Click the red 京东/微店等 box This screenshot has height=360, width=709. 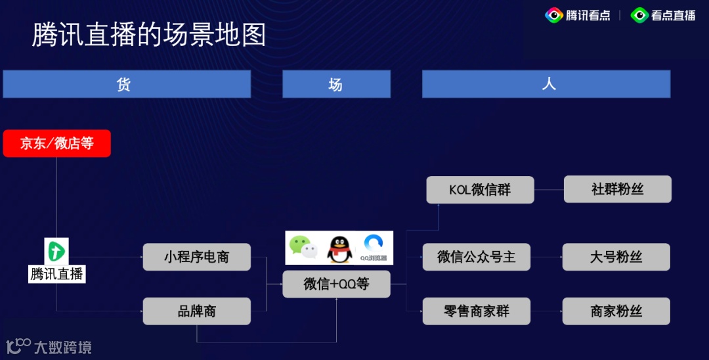pyautogui.click(x=56, y=143)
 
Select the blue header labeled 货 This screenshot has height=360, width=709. pyautogui.click(x=127, y=84)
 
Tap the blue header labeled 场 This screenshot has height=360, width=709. pyautogui.click(x=336, y=84)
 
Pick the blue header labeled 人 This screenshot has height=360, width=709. pyautogui.click(x=546, y=84)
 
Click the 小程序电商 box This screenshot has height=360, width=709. pyautogui.click(x=196, y=257)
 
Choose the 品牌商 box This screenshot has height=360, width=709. pyautogui.click(x=196, y=311)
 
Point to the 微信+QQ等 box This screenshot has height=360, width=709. pyautogui.click(x=336, y=284)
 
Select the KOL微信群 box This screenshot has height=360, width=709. pyautogui.click(x=480, y=190)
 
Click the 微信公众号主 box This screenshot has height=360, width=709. pyautogui.click(x=476, y=257)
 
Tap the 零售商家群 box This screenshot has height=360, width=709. pyautogui.click(x=476, y=311)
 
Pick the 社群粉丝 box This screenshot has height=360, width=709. pyautogui.click(x=617, y=189)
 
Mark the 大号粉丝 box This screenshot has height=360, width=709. pyautogui.click(x=616, y=257)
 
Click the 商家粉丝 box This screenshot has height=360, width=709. pyautogui.click(x=616, y=311)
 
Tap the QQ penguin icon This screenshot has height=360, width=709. pyautogui.click(x=338, y=248)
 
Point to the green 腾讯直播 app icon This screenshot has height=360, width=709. pyautogui.click(x=56, y=251)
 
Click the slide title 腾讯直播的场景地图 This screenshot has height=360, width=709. pyautogui.click(x=149, y=35)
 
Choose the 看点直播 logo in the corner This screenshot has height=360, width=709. pyautogui.click(x=663, y=15)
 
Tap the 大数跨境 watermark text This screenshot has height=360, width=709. pyautogui.click(x=62, y=347)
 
